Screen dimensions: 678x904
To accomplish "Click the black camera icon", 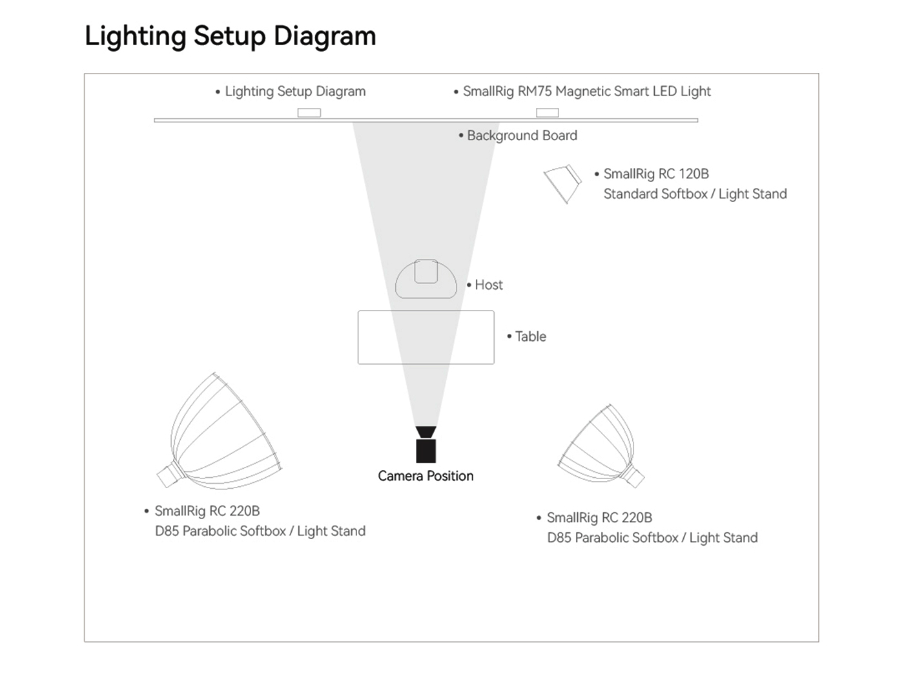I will coord(426,446).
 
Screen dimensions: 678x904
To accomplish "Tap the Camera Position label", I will coord(426,477).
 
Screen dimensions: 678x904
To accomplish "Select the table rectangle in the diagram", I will coord(426,337).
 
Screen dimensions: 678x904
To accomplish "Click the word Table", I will coord(530,336).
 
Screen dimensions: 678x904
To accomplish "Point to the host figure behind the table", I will coord(426,280).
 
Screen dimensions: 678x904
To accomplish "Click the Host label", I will coord(488,285).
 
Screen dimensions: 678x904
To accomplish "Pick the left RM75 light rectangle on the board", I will coord(309,113).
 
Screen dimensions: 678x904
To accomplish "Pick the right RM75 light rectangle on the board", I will coord(547,113).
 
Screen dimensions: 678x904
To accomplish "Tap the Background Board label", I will coord(522,136).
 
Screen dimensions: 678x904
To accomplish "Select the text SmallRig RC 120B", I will coord(655,174).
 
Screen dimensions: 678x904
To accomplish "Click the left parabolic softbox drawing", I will coord(223,429).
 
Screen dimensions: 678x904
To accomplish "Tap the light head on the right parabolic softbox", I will coord(634,477).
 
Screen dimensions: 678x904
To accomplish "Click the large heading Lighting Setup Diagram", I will coord(231,36).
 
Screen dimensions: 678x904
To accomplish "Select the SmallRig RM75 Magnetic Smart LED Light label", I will coord(586,92).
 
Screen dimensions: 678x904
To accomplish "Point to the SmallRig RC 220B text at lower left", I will coord(207,511).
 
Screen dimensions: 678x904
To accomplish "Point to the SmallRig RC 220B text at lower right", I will coord(599,518).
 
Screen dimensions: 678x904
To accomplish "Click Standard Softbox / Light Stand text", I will coord(695,194).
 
